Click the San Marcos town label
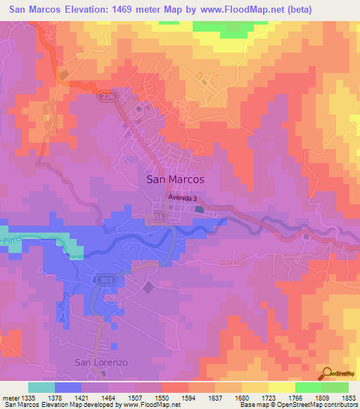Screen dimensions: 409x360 coord(175,179)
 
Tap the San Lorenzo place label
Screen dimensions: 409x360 coord(102,362)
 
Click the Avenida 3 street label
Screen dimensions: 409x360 coord(184,198)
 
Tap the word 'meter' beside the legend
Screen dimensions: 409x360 coord(9,398)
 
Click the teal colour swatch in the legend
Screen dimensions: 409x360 coord(41,387)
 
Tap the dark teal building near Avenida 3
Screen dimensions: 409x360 coord(200,209)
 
